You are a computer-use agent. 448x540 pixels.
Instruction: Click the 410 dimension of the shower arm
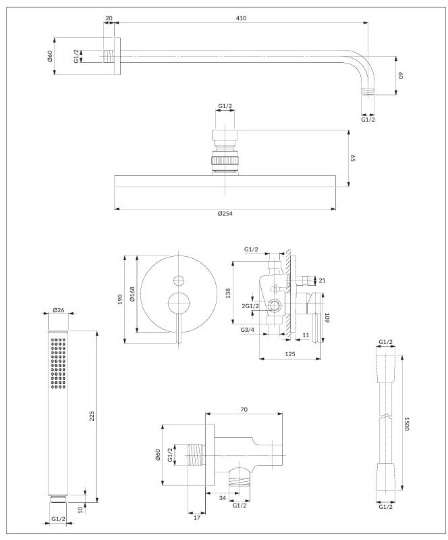pyautogui.click(x=242, y=18)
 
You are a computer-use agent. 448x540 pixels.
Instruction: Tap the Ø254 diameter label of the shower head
pyautogui.click(x=225, y=214)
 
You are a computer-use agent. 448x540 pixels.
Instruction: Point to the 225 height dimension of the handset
pyautogui.click(x=92, y=417)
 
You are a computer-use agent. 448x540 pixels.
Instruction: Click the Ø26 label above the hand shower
pyautogui.click(x=58, y=311)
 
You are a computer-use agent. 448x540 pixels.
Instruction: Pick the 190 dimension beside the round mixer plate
pyautogui.click(x=120, y=297)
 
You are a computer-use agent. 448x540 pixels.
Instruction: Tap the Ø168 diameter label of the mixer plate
pyautogui.click(x=132, y=295)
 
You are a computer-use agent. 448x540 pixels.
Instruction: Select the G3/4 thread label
pyautogui.click(x=247, y=330)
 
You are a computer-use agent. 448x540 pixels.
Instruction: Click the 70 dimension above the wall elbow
pyautogui.click(x=244, y=410)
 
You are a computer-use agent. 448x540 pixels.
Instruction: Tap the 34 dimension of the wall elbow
pyautogui.click(x=221, y=499)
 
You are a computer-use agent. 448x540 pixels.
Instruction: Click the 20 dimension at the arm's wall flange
pyautogui.click(x=109, y=18)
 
